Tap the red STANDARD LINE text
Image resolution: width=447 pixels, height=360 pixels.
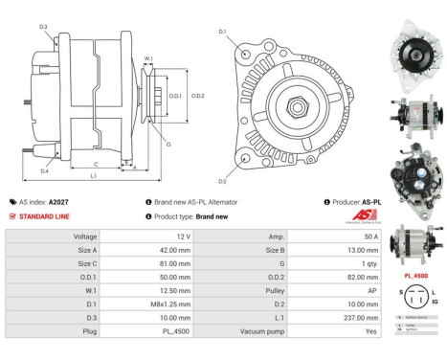[x=43, y=215]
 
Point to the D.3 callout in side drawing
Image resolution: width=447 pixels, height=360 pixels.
[x=43, y=27]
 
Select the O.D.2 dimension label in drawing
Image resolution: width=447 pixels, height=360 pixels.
[x=197, y=95]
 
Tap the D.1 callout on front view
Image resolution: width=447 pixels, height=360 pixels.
[x=222, y=33]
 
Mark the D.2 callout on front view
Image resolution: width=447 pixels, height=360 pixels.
[x=222, y=180]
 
